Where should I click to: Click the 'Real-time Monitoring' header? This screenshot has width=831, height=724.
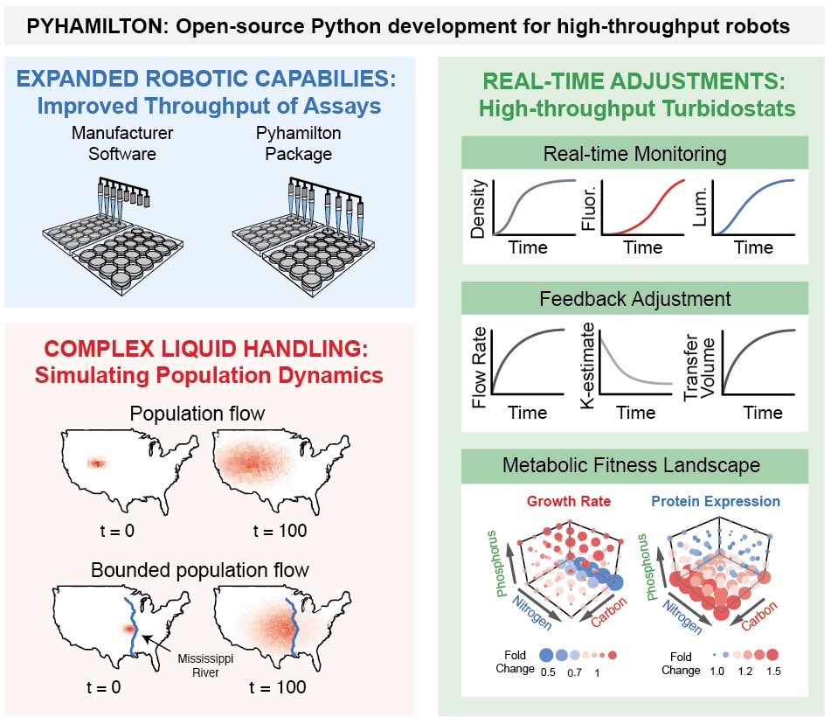click(634, 155)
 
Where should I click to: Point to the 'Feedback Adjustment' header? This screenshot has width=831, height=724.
click(634, 299)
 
